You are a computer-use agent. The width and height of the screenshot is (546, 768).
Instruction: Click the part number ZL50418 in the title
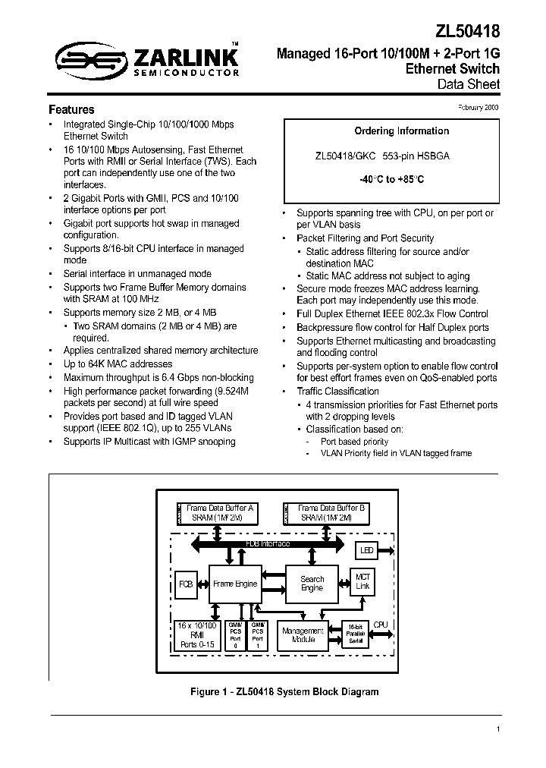[x=468, y=33]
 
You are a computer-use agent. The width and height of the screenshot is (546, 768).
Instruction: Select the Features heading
[x=71, y=109]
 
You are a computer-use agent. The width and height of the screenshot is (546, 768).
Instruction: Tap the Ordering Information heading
[x=391, y=131]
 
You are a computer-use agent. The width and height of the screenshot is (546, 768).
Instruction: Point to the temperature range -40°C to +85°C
[x=391, y=180]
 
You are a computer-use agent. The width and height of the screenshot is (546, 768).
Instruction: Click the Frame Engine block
[x=235, y=584]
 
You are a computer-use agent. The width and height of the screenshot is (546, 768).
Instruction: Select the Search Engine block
[x=312, y=584]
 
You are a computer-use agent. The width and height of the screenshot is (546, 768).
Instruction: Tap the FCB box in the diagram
[x=186, y=584]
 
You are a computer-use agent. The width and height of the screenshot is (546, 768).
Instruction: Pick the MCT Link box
[x=362, y=581]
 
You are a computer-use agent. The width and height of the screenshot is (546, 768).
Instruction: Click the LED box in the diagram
[x=367, y=549]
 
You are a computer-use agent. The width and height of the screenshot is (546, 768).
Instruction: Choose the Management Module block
[x=303, y=635]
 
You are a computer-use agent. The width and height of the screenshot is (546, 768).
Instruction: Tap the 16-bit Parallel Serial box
[x=355, y=634]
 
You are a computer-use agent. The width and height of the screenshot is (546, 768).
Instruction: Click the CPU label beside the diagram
[x=380, y=625]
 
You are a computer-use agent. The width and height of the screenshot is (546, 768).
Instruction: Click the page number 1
[x=497, y=729]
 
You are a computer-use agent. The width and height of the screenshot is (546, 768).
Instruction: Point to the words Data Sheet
[x=469, y=84]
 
